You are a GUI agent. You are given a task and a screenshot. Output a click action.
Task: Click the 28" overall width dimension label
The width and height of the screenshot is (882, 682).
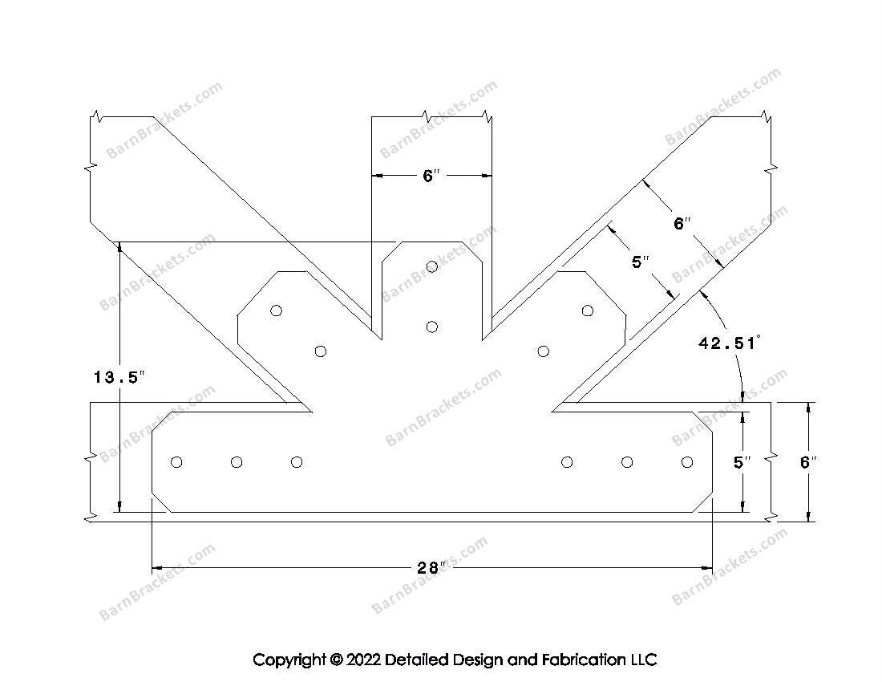tap(431, 568)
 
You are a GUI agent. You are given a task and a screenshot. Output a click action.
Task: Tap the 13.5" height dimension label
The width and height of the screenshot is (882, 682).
tap(119, 377)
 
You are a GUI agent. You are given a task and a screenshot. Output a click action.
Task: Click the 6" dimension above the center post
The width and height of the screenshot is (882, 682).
tap(431, 177)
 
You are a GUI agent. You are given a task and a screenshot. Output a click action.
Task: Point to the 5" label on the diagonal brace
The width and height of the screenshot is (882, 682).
tap(641, 262)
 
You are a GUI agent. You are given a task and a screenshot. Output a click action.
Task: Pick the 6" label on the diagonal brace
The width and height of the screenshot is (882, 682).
tap(682, 223)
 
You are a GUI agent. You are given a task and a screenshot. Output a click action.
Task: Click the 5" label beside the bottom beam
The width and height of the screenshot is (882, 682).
tap(742, 462)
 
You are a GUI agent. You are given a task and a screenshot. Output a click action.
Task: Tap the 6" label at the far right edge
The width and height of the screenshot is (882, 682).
tap(808, 462)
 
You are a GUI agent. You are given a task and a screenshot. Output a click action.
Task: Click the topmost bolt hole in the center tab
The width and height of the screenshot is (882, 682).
tap(432, 266)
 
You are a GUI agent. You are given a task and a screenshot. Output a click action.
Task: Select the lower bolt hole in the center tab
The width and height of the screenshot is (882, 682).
tap(432, 327)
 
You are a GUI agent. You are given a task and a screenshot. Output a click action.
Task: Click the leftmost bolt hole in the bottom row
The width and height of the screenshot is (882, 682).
tap(176, 462)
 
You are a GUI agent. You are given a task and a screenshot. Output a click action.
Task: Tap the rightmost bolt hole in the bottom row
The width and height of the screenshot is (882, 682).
tap(687, 462)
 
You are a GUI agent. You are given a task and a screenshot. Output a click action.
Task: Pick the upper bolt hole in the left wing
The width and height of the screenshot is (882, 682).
tap(276, 310)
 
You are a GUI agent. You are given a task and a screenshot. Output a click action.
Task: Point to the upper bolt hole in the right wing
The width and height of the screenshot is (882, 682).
tap(588, 310)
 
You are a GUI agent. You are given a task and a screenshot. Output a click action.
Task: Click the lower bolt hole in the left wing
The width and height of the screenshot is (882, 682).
tap(321, 351)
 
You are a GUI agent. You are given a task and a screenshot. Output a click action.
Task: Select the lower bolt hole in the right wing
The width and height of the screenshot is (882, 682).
tap(544, 351)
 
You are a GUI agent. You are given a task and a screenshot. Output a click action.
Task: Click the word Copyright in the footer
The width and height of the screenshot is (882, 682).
tap(289, 660)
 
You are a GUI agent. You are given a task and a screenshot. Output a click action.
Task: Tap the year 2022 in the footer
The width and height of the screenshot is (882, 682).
tap(363, 659)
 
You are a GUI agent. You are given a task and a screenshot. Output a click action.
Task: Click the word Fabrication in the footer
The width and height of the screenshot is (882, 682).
tap(582, 659)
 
